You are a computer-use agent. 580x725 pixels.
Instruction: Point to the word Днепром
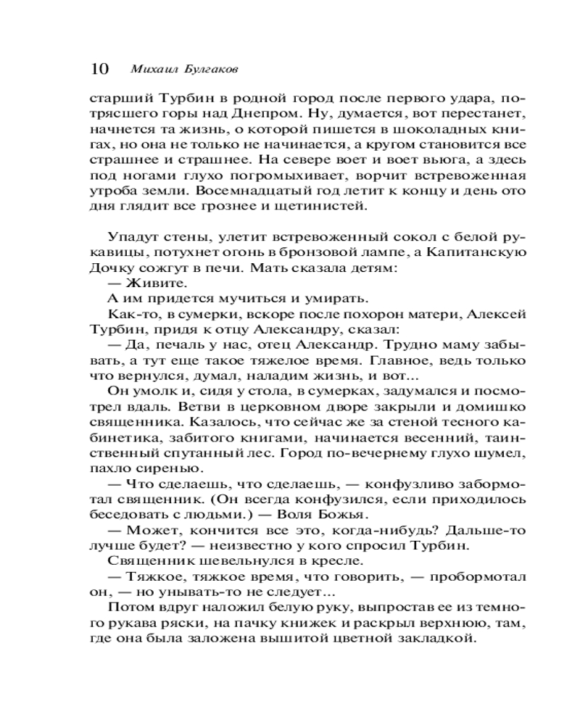pos(264,114)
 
